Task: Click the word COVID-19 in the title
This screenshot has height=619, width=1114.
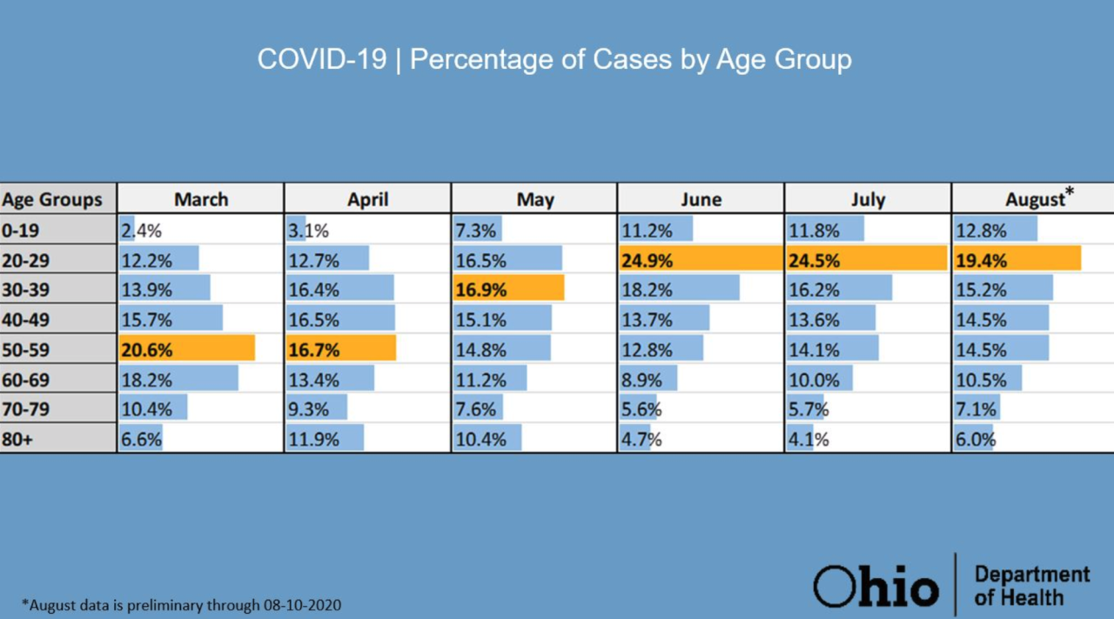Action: point(321,59)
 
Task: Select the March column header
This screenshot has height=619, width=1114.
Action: point(201,199)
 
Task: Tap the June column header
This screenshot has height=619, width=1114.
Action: point(701,199)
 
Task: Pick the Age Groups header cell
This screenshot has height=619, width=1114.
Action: point(52,199)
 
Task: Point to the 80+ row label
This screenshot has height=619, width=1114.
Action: point(17,440)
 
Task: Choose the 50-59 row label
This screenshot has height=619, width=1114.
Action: point(29,350)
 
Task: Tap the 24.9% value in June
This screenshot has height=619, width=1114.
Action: point(647,260)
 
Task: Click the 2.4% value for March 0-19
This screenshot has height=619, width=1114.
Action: point(142,231)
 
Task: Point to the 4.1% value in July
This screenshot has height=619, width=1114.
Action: point(809,440)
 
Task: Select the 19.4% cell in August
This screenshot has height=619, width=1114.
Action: point(981,260)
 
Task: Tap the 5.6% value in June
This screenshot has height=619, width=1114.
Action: point(641,410)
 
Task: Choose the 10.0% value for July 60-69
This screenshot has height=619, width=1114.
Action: point(814,380)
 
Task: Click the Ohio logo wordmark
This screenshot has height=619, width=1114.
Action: point(876,585)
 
